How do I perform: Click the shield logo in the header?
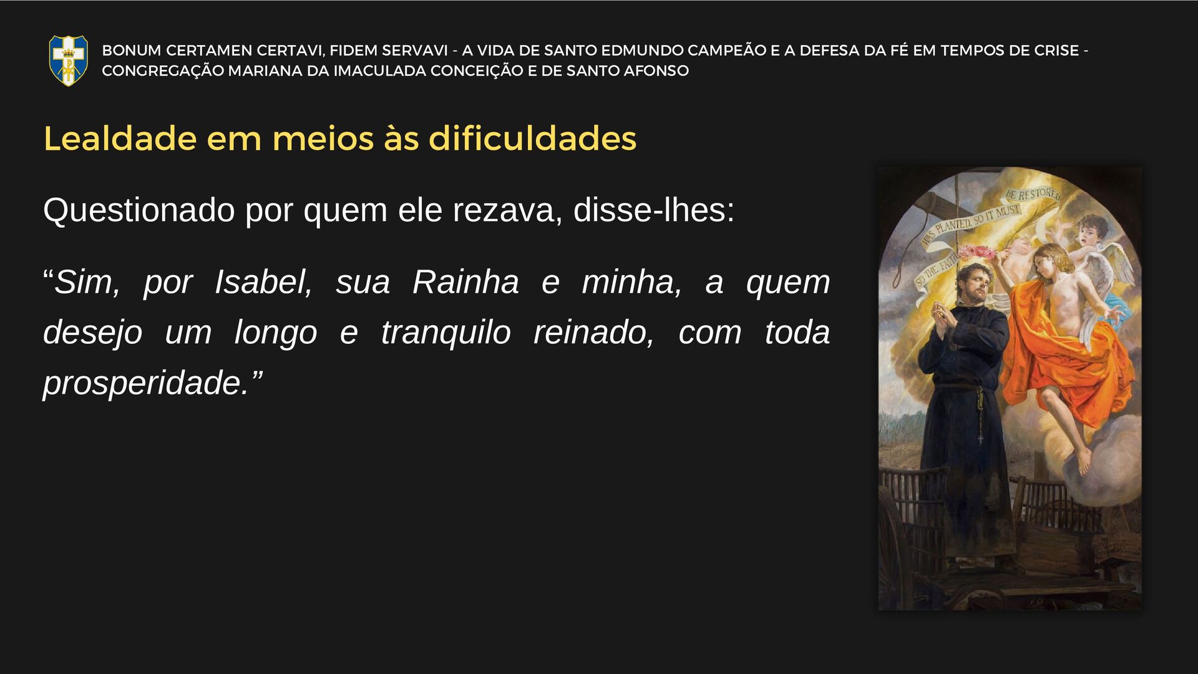69,60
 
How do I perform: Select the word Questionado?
139,210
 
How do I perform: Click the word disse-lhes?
654,210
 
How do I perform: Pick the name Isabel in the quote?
263,282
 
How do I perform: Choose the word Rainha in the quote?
465,282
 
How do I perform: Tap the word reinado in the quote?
593,333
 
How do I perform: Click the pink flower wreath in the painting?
975,253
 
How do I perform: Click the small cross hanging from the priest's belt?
980,438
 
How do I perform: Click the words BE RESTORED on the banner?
1033,194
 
